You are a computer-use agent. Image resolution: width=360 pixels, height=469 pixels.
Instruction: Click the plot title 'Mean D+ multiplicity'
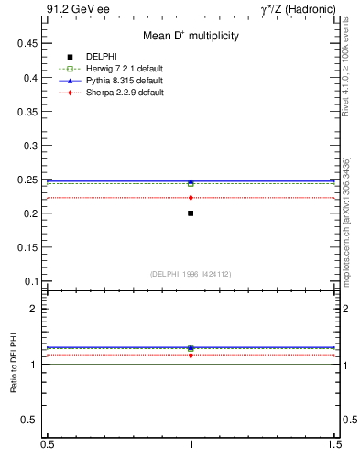click(x=191, y=37)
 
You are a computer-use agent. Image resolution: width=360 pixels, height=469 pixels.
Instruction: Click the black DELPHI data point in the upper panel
click(x=191, y=213)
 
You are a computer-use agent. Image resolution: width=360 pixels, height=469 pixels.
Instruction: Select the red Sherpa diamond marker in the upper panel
click(x=191, y=198)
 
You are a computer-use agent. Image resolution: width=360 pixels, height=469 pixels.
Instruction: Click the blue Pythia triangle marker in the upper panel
click(x=191, y=181)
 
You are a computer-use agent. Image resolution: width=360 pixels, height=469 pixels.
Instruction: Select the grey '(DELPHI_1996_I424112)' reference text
click(x=191, y=273)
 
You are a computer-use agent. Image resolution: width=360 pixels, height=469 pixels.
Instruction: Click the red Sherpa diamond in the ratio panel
click(x=191, y=355)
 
